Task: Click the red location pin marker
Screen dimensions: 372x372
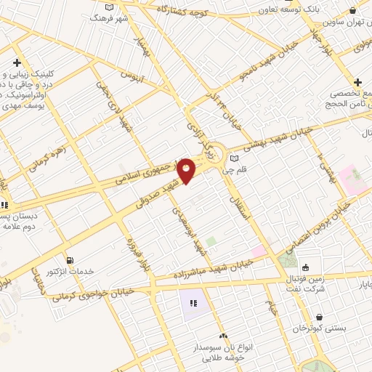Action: click(x=187, y=170)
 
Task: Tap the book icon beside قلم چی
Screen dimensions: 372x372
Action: click(x=234, y=158)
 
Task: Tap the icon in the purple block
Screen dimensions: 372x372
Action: click(x=193, y=303)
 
